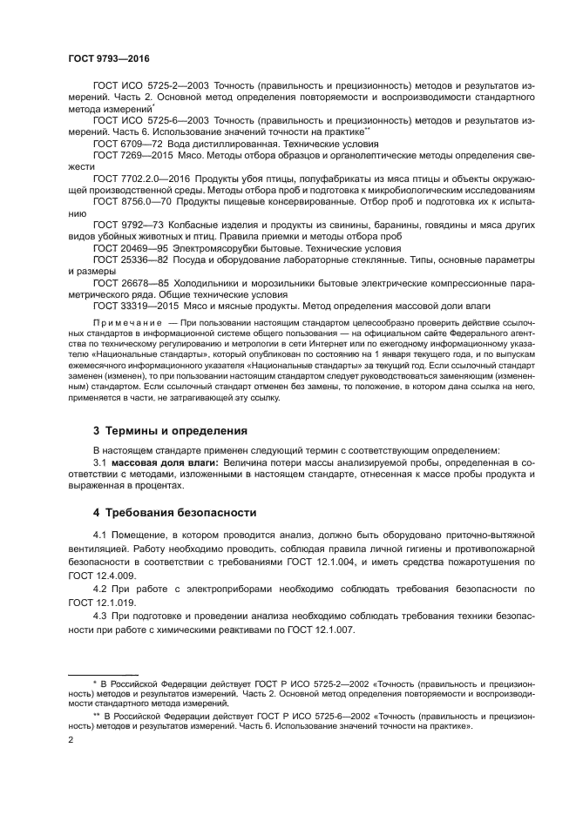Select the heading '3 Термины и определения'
click(x=170, y=430)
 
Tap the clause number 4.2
click(x=99, y=589)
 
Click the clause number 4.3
click(x=99, y=616)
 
